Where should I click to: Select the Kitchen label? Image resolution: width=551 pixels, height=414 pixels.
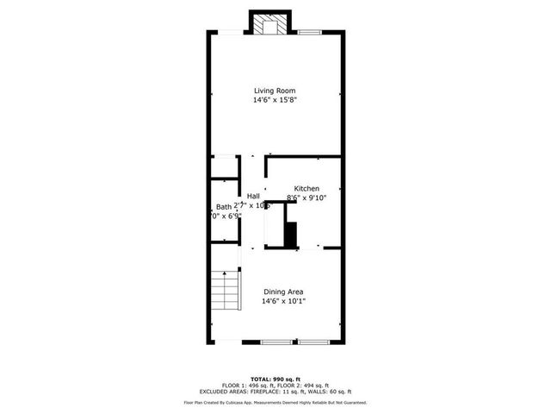[306, 188]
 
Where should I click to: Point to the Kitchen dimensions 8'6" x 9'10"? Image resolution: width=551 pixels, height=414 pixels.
[306, 198]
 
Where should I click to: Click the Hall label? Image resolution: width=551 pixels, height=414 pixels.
[254, 197]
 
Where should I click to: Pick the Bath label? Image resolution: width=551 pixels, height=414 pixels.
[224, 206]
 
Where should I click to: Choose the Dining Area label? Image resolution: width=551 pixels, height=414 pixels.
[283, 291]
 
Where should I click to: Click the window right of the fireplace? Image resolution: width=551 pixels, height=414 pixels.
[310, 33]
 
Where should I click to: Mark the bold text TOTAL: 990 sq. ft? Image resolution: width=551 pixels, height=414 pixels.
[275, 379]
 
